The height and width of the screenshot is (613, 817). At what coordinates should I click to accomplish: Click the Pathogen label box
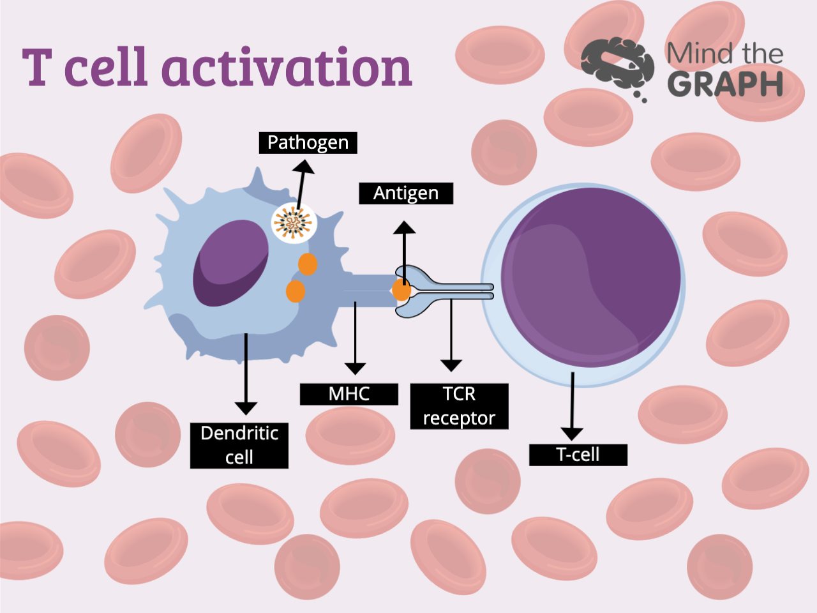(308, 142)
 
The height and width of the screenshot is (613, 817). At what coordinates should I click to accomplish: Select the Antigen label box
(406, 193)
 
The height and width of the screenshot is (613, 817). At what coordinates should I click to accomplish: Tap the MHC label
(349, 394)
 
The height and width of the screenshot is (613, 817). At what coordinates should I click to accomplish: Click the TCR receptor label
(459, 406)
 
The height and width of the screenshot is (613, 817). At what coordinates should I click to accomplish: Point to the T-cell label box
(578, 455)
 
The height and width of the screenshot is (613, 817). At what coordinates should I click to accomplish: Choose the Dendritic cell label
(239, 445)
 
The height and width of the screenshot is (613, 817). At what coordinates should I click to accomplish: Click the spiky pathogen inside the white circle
(293, 223)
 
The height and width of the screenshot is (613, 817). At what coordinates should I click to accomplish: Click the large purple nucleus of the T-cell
(591, 278)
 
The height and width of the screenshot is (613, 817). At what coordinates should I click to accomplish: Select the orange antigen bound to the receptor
(401, 290)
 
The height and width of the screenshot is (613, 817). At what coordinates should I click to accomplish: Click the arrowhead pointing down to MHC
(355, 368)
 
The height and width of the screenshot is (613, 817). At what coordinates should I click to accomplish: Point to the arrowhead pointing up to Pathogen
(304, 167)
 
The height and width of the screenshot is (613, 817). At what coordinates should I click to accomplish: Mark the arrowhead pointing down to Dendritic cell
(246, 408)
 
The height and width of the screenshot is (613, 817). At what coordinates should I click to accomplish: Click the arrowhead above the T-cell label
(572, 434)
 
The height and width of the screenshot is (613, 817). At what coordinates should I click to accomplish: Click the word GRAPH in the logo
(725, 84)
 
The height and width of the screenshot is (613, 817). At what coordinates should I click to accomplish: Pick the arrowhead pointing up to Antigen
(404, 227)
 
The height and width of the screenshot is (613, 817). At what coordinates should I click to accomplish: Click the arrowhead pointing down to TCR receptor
(451, 365)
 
